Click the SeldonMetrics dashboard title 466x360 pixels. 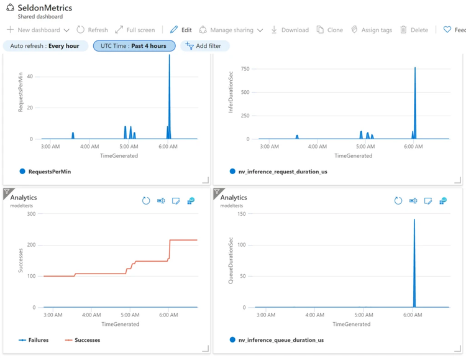click(45, 8)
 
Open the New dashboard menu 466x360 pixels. click(38, 30)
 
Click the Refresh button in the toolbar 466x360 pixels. click(92, 30)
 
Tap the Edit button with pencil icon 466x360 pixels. click(181, 30)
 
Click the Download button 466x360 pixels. click(290, 30)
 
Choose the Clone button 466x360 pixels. click(329, 30)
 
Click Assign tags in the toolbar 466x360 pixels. click(371, 30)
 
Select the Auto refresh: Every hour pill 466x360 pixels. click(45, 46)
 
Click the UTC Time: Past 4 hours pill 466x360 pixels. click(134, 46)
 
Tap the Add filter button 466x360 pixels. click(204, 46)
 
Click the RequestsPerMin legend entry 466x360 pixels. click(49, 172)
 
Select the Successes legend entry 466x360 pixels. click(86, 340)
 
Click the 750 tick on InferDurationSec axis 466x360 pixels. click(245, 69)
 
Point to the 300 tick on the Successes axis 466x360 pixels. click(30, 214)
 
